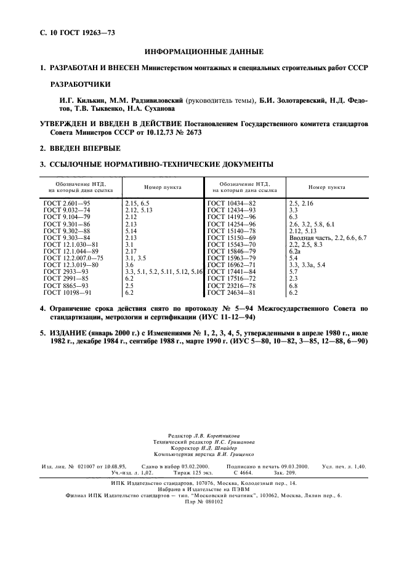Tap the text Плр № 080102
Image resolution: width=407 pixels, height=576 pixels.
203,501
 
